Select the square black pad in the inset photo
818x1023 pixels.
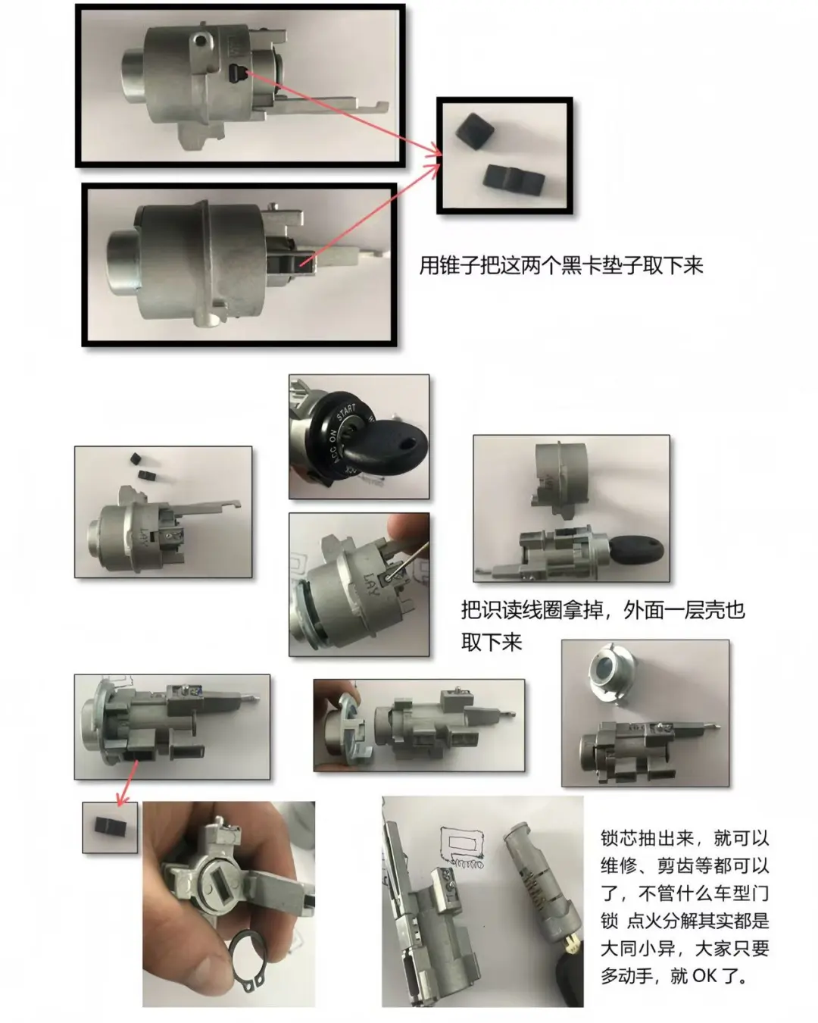click(x=476, y=134)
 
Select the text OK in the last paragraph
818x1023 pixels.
click(x=704, y=975)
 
